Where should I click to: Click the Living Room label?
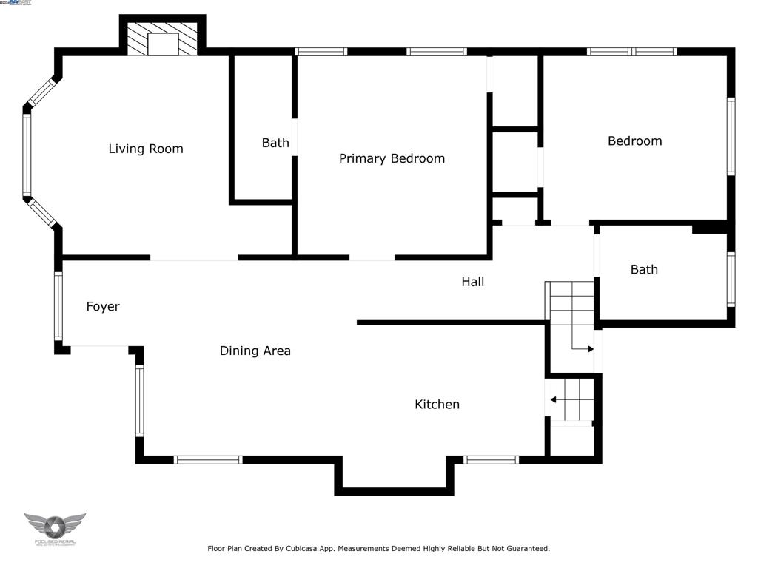tap(145, 149)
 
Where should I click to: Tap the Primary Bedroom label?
tap(392, 158)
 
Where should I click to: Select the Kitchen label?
tap(437, 405)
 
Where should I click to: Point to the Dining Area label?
tap(255, 351)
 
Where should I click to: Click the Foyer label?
tap(103, 306)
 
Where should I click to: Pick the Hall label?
tap(472, 282)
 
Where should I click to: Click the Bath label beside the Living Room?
tap(275, 143)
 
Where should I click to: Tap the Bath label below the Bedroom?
tap(643, 270)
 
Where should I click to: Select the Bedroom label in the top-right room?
tap(634, 141)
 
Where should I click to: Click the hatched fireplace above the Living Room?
tap(163, 38)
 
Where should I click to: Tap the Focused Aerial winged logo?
tap(55, 527)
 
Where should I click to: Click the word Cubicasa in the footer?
tap(308, 549)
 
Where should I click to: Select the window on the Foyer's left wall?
tap(58, 306)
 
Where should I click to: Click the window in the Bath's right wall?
tap(731, 279)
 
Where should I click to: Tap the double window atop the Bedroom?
tap(631, 52)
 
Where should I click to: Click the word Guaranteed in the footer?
tap(526, 549)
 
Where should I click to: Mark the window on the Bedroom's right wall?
tap(731, 136)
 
